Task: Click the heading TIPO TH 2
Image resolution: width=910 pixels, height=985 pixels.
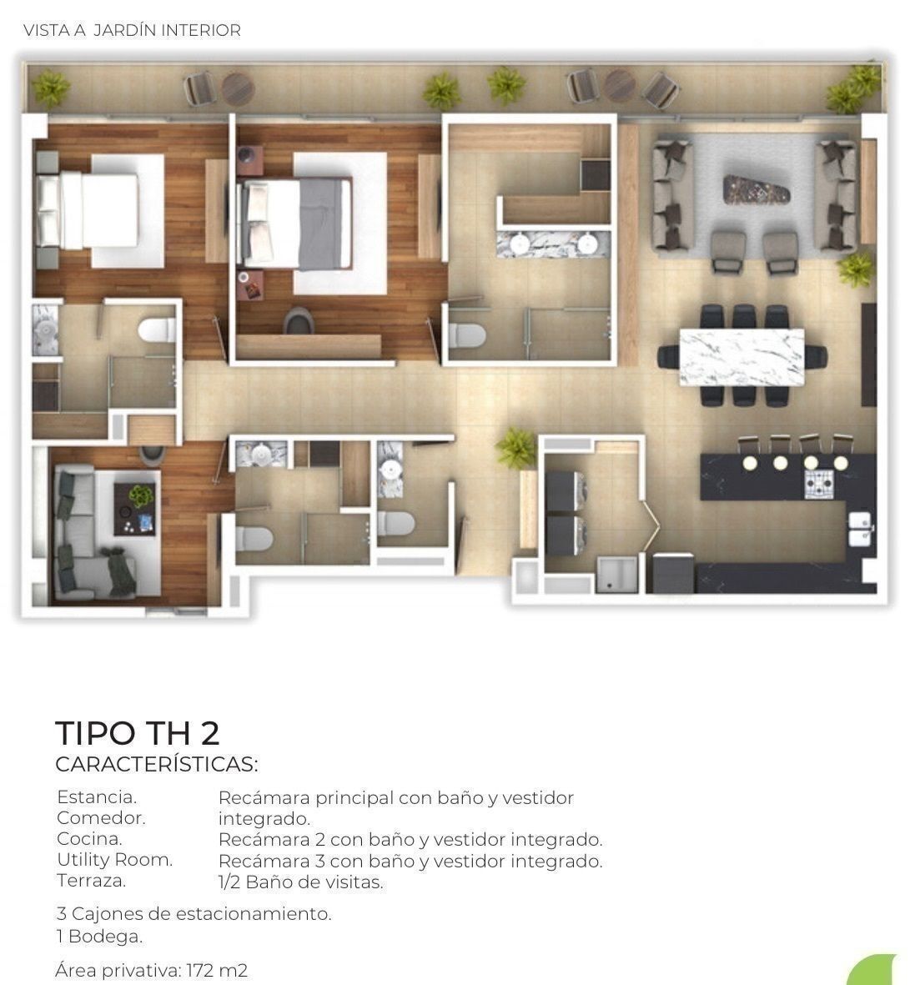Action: [x=138, y=732]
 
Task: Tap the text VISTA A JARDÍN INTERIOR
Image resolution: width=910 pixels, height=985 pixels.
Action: [x=132, y=30]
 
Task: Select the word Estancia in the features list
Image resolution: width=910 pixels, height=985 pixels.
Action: [x=96, y=797]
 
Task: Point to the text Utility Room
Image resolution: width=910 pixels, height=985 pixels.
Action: [x=114, y=859]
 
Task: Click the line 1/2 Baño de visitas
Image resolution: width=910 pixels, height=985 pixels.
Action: [x=300, y=882]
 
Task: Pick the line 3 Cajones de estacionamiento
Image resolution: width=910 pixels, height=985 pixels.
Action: [x=194, y=913]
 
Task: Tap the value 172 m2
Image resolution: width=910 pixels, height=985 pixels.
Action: [x=217, y=970]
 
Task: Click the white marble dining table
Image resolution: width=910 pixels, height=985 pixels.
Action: [x=742, y=357]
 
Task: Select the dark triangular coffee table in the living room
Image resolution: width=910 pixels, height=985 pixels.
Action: [x=757, y=189]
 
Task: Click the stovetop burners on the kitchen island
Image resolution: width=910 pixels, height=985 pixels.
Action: [x=819, y=483]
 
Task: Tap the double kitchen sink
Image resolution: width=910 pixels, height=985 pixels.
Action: [x=861, y=529]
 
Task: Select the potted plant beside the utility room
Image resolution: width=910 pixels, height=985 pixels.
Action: [x=515, y=447]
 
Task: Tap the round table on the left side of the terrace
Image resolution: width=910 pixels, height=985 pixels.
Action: [x=238, y=88]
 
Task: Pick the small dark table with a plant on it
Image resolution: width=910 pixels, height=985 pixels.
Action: [x=133, y=510]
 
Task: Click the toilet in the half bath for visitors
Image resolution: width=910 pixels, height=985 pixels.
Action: [x=396, y=524]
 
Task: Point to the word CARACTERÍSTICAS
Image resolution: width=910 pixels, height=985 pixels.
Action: [x=156, y=765]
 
